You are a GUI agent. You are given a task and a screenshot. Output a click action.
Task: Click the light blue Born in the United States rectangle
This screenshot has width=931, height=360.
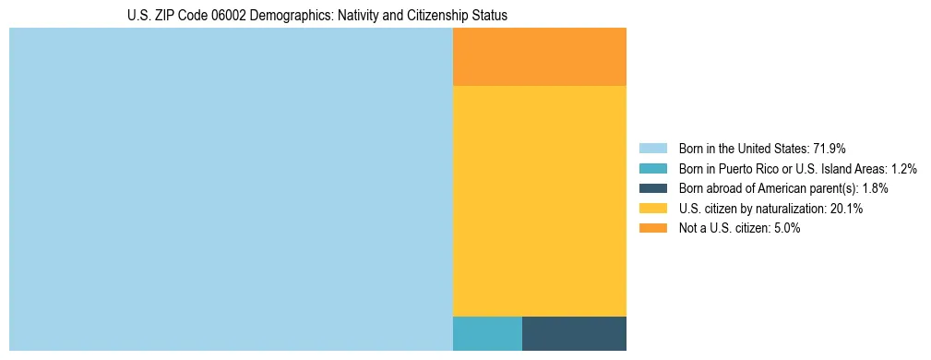[x=231, y=189]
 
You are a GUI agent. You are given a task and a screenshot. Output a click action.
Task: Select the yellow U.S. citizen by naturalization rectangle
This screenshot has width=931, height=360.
[x=539, y=200]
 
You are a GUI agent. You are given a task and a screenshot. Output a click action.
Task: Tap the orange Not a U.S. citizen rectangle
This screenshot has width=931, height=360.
[x=539, y=56]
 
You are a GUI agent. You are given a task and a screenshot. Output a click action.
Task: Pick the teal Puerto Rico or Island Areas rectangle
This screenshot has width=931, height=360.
[x=487, y=333]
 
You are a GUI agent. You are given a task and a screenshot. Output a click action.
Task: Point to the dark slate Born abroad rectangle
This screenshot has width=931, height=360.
[x=574, y=333]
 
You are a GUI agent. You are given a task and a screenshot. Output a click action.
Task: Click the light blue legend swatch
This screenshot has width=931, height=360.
[x=653, y=148]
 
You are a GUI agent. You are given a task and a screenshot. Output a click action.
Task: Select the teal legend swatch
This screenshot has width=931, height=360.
[x=653, y=168]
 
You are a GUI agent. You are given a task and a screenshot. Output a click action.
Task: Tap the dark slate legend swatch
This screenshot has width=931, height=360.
[x=653, y=188]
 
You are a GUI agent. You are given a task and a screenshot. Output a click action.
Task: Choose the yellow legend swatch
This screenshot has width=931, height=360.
[x=653, y=209]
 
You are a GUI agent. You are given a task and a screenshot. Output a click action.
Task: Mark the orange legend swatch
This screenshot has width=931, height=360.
[x=653, y=228]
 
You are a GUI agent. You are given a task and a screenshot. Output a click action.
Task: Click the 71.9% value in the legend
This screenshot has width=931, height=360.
[x=830, y=148]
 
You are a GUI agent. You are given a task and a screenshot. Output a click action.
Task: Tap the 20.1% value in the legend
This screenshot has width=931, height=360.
[x=846, y=209]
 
